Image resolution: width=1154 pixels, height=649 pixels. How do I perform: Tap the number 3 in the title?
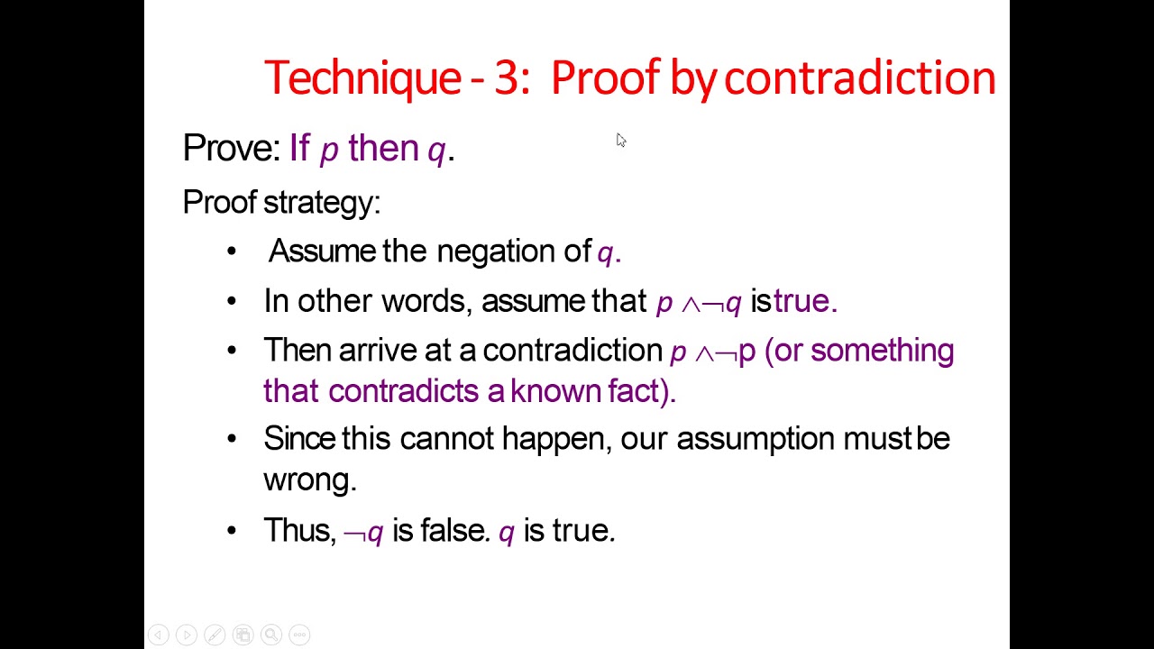pos(507,78)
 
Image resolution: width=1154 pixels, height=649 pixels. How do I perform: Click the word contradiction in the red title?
pos(859,78)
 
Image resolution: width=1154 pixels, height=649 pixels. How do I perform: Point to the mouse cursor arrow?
pos(620,140)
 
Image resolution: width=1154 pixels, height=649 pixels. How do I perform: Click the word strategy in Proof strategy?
pos(321,202)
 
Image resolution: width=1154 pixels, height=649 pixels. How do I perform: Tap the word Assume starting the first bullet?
pos(321,251)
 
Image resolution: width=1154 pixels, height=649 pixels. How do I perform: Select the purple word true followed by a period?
pos(801,300)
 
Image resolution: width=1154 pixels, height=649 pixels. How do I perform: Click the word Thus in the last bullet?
pos(298,530)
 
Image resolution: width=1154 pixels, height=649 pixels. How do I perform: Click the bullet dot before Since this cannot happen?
pos(232,439)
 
